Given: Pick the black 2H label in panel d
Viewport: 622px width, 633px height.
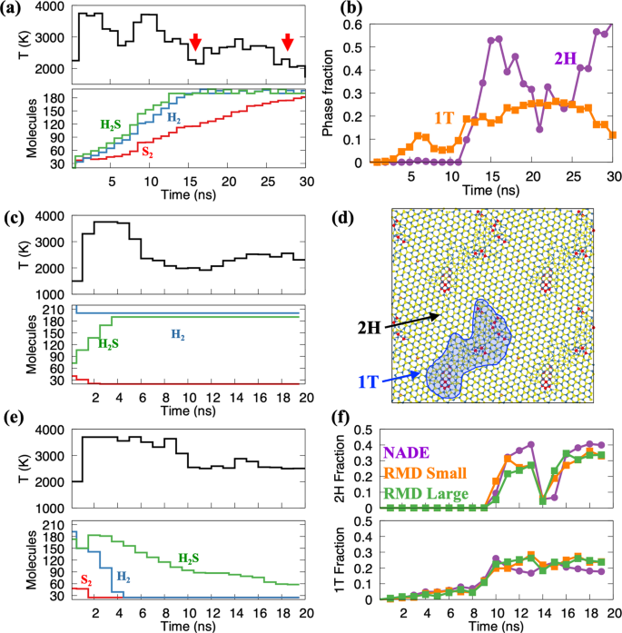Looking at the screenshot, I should tap(366, 321).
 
